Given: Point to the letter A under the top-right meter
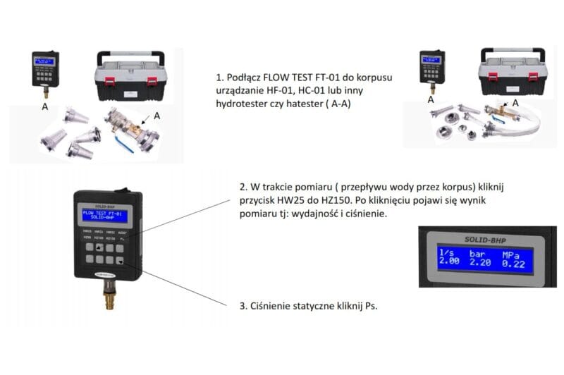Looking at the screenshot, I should click(430, 100).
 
